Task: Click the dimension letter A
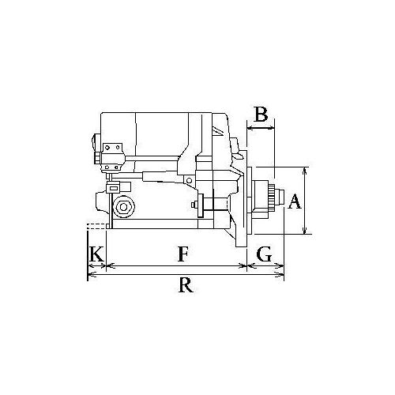point(294,201)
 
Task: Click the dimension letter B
point(261,114)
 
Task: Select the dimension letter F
point(183,254)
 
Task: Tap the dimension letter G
point(264,254)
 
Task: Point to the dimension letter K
point(96,254)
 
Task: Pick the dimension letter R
point(186,285)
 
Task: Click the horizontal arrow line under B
point(261,128)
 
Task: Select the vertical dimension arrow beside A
point(305,201)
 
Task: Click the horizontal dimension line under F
point(176,266)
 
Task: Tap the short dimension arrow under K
point(96,266)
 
